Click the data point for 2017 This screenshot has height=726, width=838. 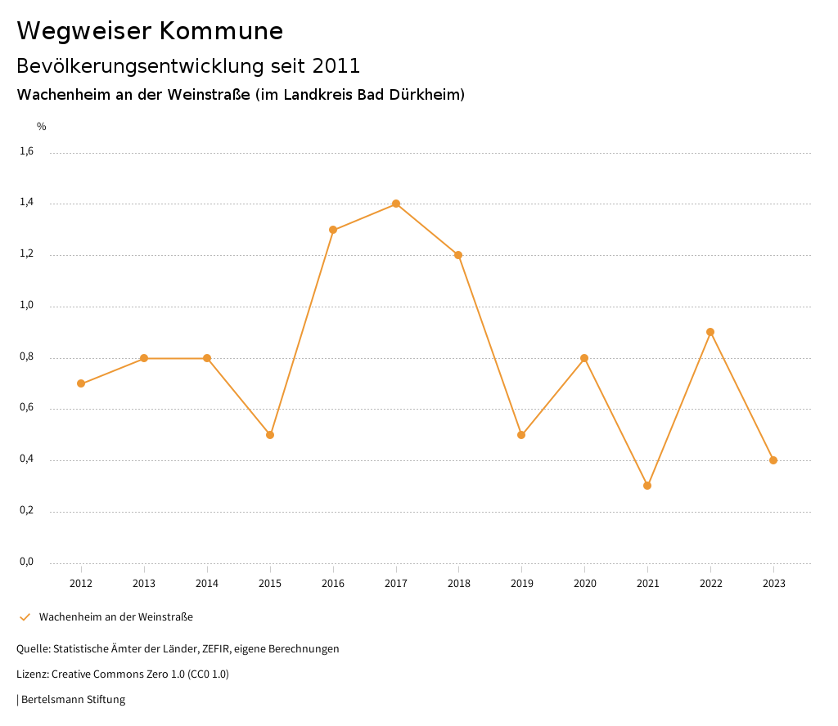396,204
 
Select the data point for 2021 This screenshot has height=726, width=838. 647,486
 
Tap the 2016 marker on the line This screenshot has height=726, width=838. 333,230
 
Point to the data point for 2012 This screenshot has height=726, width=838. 81,383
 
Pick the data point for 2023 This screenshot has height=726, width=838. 773,460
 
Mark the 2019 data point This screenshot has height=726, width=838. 521,435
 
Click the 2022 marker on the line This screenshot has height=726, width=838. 710,332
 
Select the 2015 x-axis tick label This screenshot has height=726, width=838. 270,584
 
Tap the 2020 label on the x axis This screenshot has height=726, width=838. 584,584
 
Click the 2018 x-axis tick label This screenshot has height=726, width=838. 458,584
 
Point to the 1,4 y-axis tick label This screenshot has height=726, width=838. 27,203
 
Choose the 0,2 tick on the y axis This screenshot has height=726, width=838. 27,511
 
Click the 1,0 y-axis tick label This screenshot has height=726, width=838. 27,306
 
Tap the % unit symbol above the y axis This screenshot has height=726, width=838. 42,127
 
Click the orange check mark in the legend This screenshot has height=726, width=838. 25,617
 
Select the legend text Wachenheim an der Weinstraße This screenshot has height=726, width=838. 116,617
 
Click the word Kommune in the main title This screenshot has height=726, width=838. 221,31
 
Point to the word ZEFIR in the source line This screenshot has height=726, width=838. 221,649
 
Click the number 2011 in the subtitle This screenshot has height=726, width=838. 336,66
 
